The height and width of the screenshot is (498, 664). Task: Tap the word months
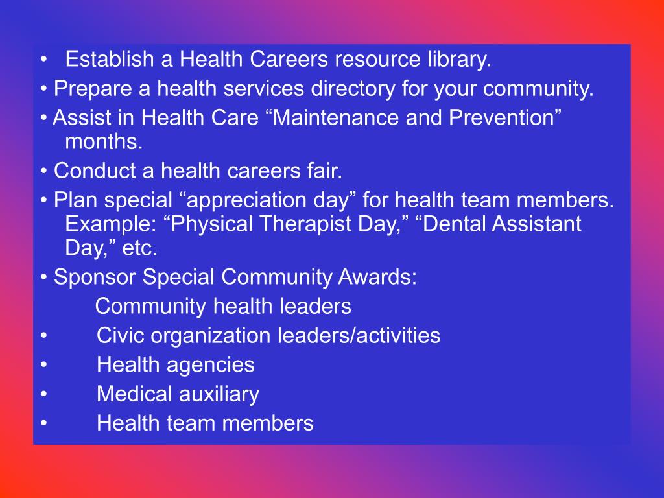tap(103, 141)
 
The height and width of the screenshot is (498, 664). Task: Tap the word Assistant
tap(536, 224)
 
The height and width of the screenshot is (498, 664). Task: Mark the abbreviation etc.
tap(140, 248)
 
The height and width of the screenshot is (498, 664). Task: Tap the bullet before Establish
tap(43, 61)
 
